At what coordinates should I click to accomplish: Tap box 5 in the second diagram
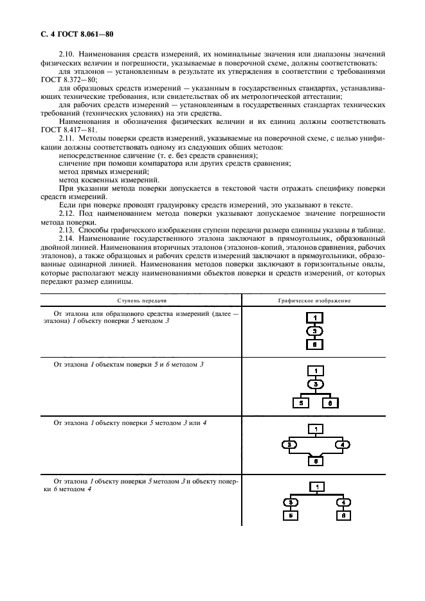point(300,403)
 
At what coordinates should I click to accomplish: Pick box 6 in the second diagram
point(328,403)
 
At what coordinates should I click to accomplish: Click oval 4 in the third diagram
point(342,444)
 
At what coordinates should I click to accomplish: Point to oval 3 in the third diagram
point(290,444)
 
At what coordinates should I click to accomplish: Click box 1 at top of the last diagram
point(317,488)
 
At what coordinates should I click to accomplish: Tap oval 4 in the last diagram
point(344,502)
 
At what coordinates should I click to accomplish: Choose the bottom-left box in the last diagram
point(291,515)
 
